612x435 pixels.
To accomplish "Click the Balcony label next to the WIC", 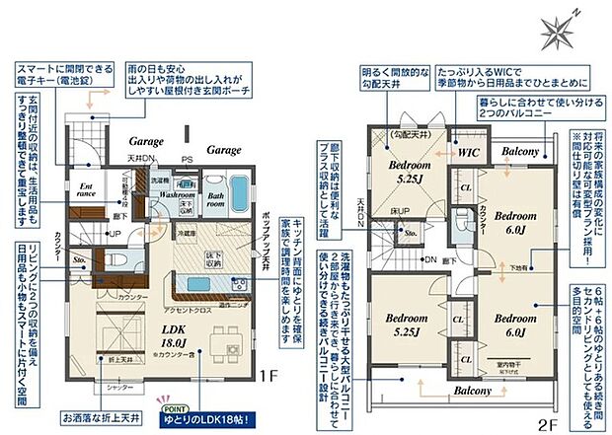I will click(520, 151).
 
